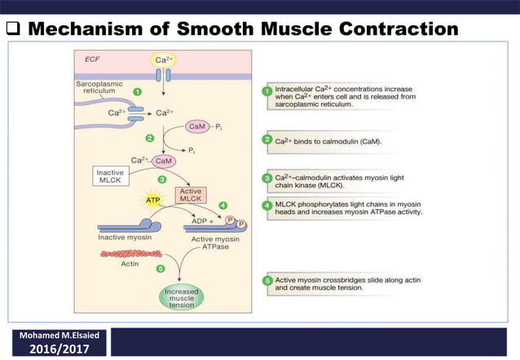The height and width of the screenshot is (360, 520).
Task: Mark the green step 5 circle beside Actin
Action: coord(160,269)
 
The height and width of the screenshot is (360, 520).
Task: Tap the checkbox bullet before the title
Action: coord(12,30)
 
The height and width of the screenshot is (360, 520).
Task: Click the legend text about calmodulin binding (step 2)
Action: coord(339,141)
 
